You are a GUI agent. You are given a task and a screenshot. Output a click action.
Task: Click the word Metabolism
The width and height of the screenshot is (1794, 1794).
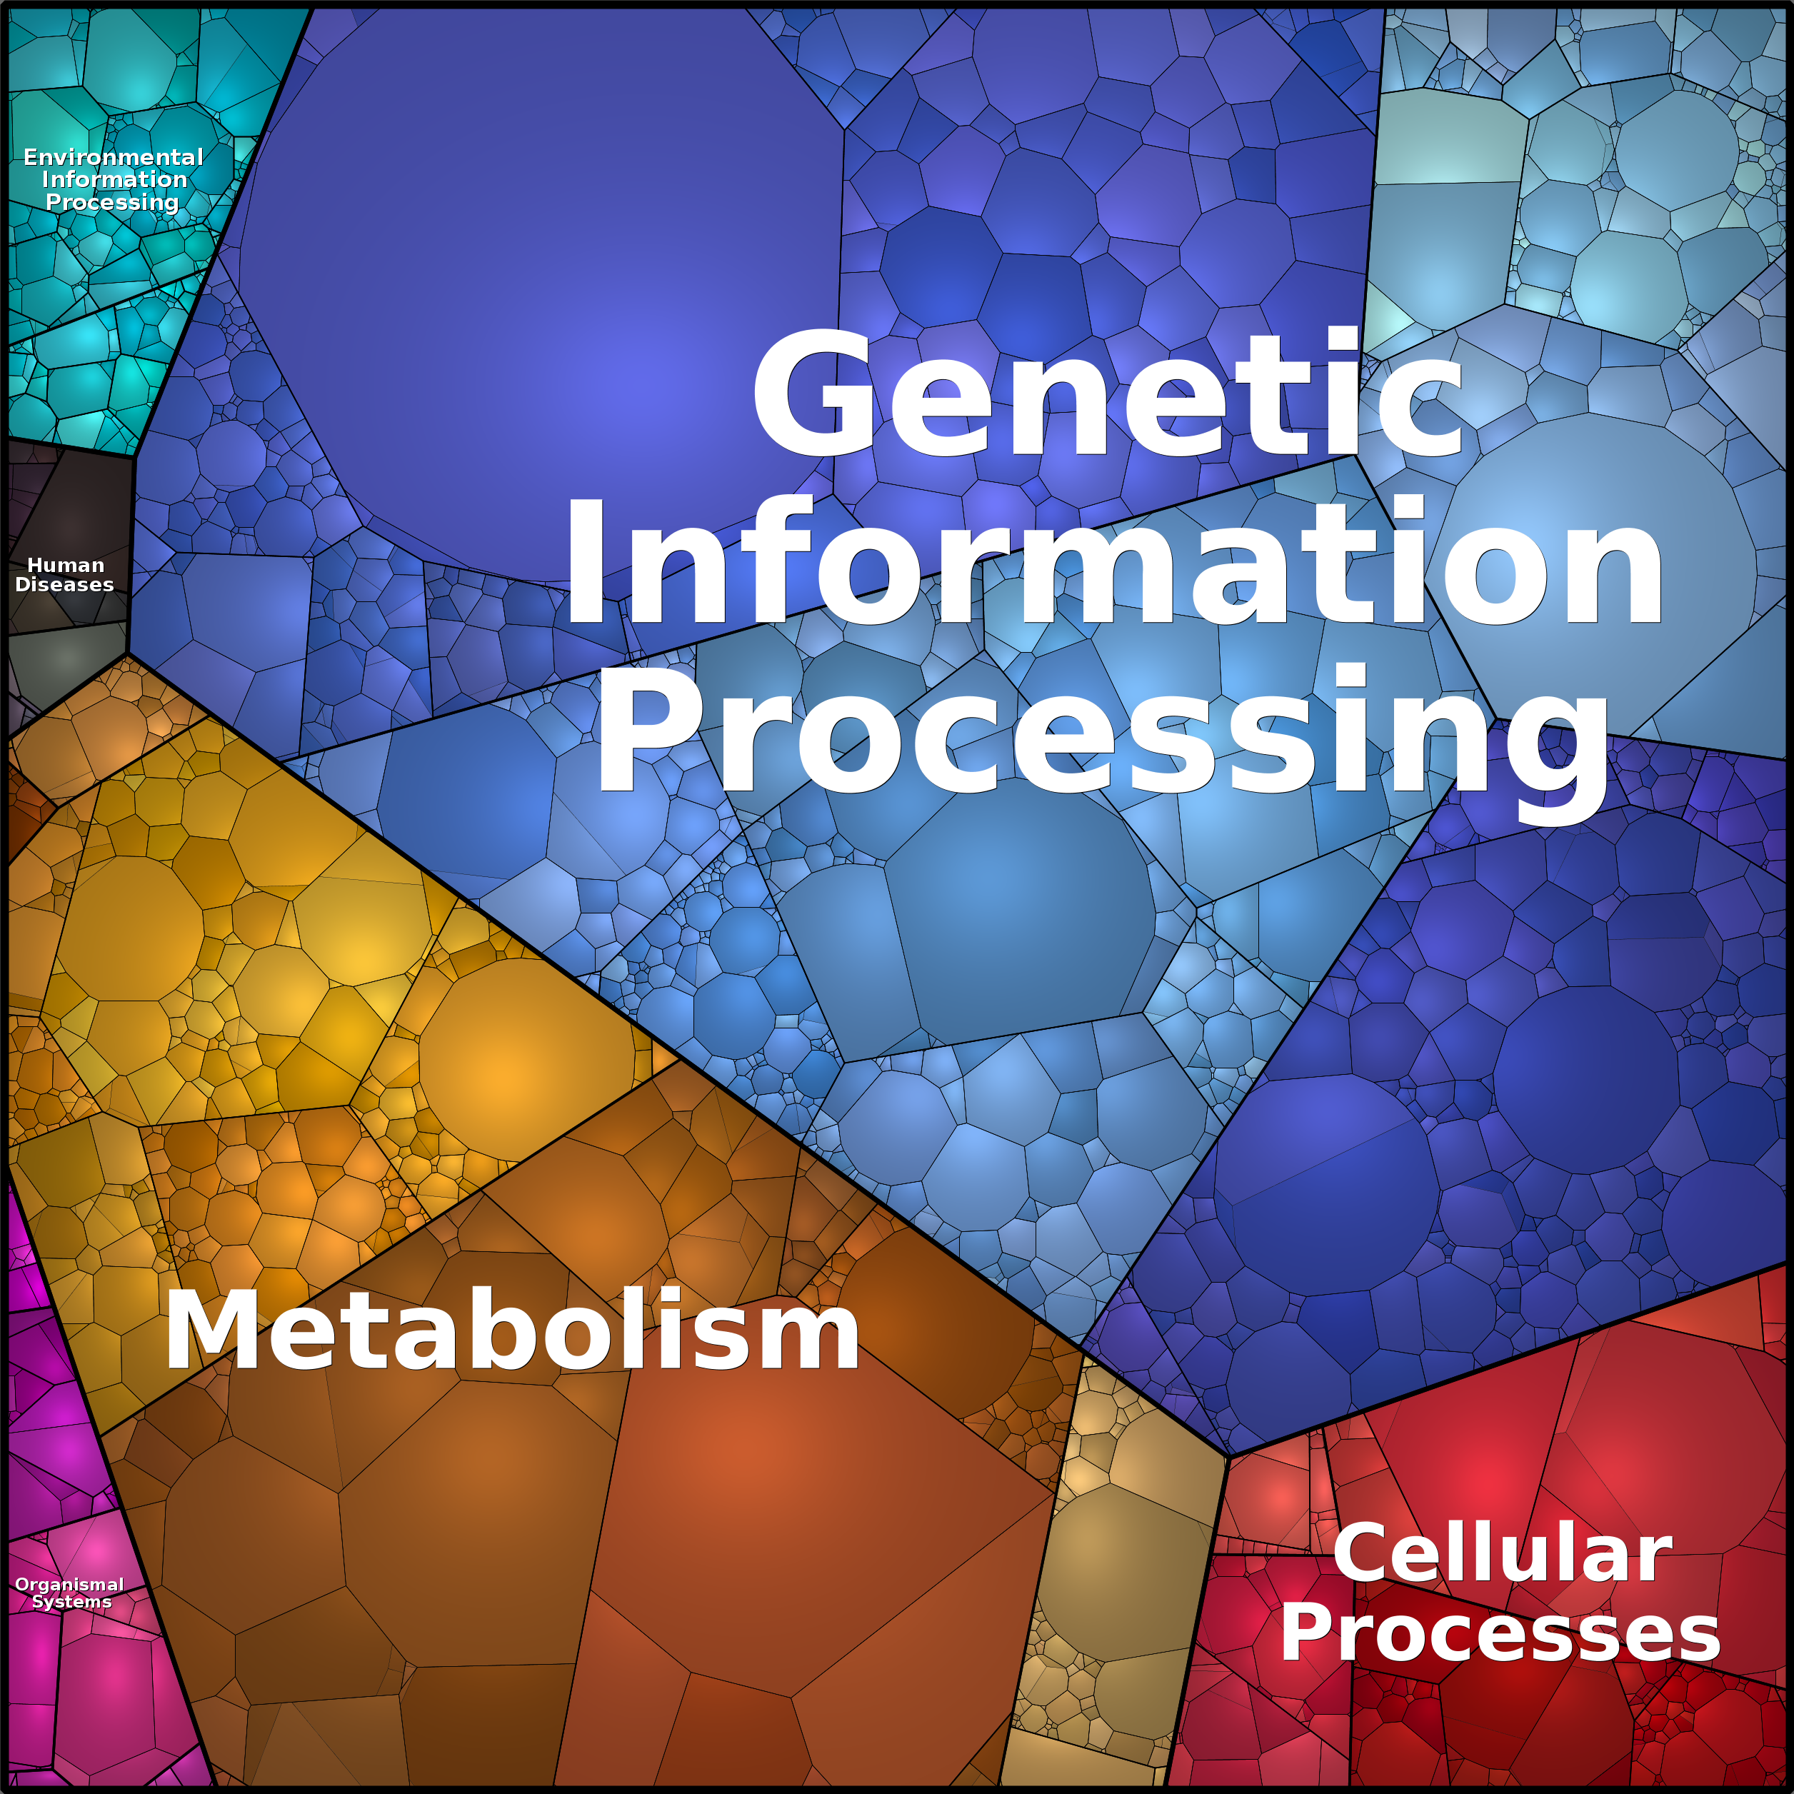tap(511, 1331)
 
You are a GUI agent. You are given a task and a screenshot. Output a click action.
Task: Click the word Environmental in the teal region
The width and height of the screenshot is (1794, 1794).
tap(114, 157)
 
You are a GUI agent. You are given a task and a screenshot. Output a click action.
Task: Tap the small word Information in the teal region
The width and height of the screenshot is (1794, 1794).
tap(114, 179)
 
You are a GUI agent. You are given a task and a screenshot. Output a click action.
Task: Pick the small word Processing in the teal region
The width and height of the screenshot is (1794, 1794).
tap(112, 202)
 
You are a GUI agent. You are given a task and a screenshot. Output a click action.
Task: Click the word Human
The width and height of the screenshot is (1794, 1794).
tap(66, 565)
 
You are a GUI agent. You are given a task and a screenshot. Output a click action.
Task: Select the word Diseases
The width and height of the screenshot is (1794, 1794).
tap(64, 584)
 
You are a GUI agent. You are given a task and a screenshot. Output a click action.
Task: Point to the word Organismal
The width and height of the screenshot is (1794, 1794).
tap(70, 1585)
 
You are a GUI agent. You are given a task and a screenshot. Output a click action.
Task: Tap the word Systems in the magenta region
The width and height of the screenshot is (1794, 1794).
tap(71, 1602)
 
